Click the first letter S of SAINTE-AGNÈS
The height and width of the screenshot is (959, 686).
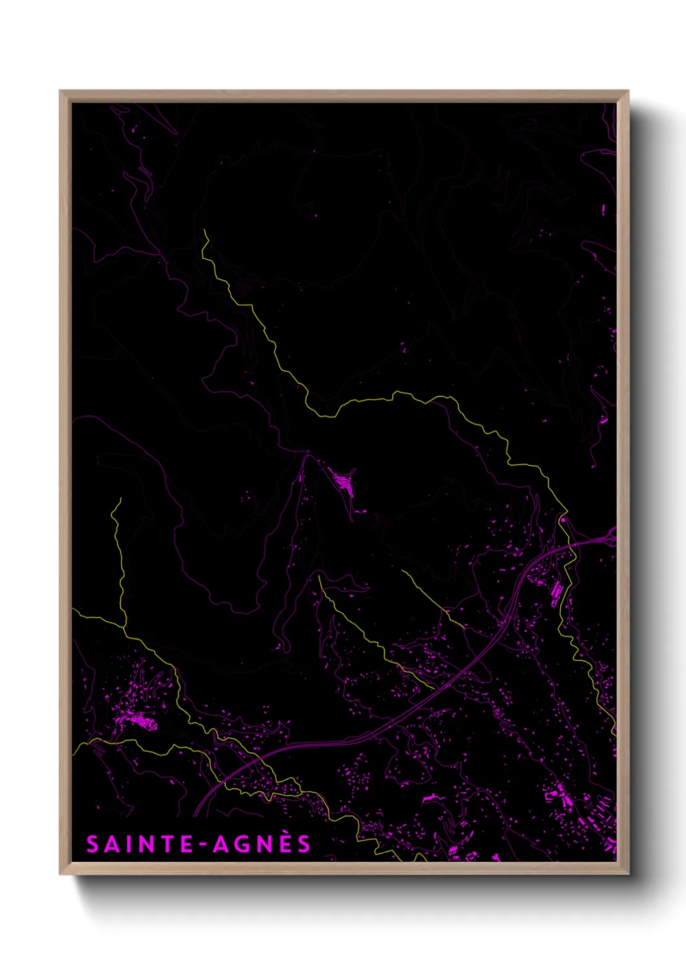[x=93, y=844]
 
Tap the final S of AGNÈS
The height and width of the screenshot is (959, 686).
[x=303, y=844]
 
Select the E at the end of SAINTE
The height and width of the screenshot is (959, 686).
[x=186, y=844]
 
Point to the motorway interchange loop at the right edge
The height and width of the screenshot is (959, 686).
[x=610, y=537]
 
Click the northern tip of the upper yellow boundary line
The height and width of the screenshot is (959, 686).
[x=204, y=230]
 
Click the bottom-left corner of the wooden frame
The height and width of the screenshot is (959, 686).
[x=61, y=873]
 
